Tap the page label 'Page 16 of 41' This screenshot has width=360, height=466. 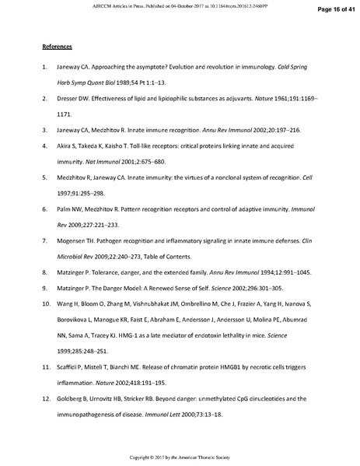coord(333,10)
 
